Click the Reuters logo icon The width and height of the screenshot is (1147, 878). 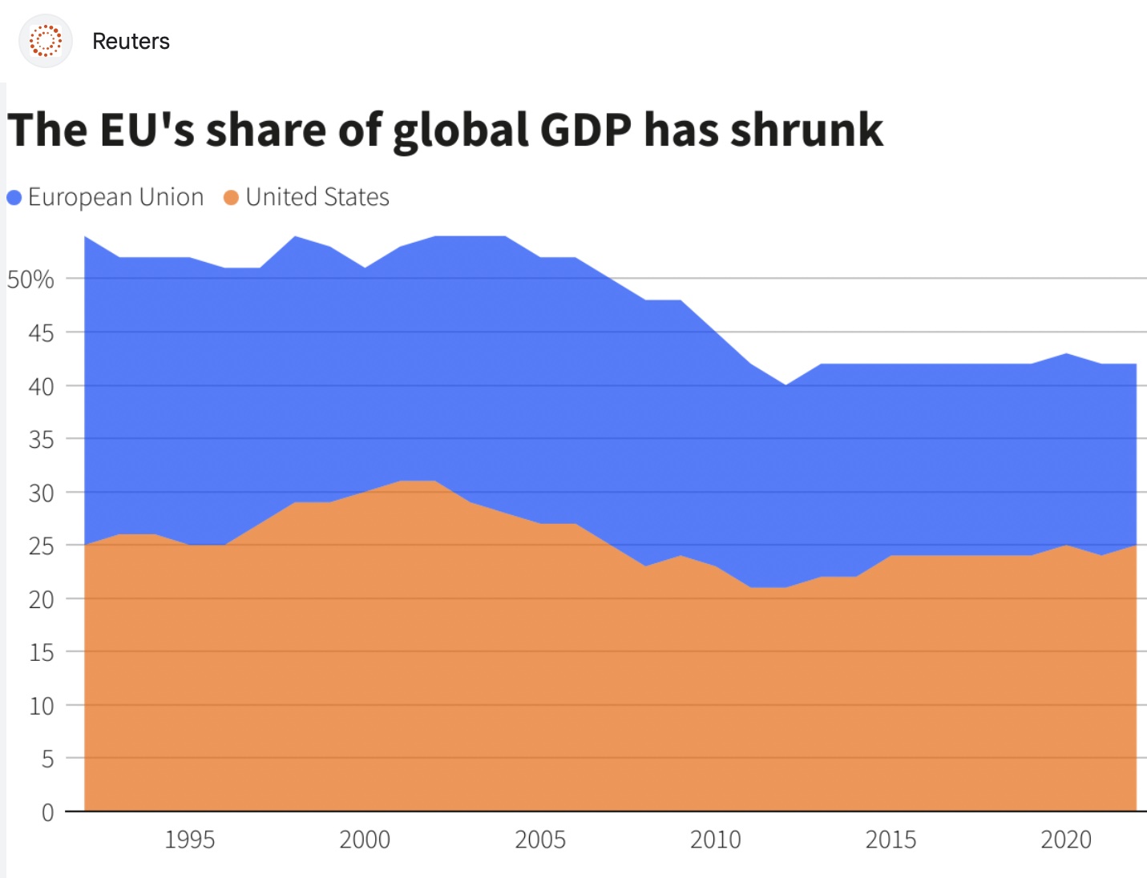(x=46, y=41)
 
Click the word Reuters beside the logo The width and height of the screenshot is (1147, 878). (x=131, y=42)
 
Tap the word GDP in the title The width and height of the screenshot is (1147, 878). (x=585, y=130)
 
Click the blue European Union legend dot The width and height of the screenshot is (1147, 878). (x=14, y=198)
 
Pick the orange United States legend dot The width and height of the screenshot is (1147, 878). (x=231, y=198)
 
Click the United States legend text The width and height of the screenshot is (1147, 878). (x=317, y=197)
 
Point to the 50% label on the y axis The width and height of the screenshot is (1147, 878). (x=30, y=280)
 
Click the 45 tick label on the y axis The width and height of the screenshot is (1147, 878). (x=41, y=333)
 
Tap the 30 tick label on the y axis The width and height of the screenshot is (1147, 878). (x=41, y=493)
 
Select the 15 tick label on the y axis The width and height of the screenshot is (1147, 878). (x=41, y=653)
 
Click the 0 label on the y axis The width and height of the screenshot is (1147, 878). (x=48, y=812)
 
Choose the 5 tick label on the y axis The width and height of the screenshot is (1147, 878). (x=48, y=759)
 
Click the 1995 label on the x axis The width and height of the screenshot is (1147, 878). (x=190, y=840)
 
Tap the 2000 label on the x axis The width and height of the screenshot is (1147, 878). (x=365, y=840)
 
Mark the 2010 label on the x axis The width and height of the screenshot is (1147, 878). (x=716, y=840)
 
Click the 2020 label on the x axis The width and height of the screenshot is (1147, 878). (x=1066, y=840)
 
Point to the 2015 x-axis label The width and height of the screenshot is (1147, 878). (x=891, y=840)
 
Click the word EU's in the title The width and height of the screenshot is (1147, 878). (x=147, y=130)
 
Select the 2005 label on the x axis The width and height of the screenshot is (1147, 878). (x=540, y=840)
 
